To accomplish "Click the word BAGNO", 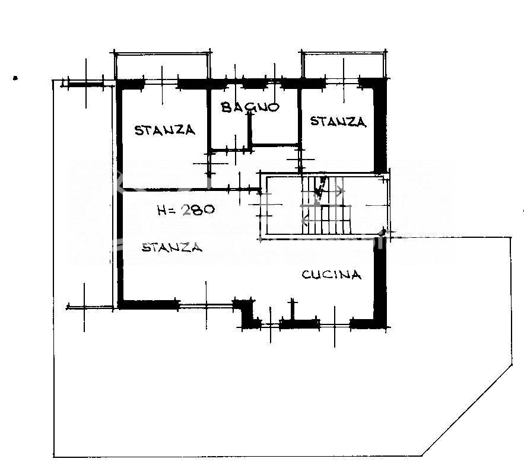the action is (250, 107).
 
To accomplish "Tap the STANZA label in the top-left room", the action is (165, 130).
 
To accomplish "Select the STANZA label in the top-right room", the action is (338, 121).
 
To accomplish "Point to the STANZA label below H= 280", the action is (172, 247).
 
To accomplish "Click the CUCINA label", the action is (332, 275).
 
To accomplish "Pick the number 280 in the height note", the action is (198, 210).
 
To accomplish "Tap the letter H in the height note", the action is (162, 211).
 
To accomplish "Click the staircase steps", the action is (326, 205).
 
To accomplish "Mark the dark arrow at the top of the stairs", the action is (319, 189).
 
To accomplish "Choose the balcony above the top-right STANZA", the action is (344, 65).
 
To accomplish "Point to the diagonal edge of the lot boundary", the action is (467, 410).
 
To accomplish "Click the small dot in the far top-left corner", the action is (15, 78).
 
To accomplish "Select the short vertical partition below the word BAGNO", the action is (249, 130).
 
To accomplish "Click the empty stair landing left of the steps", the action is (284, 205).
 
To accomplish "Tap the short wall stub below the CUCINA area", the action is (293, 309).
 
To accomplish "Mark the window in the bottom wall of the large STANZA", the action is (206, 305).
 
